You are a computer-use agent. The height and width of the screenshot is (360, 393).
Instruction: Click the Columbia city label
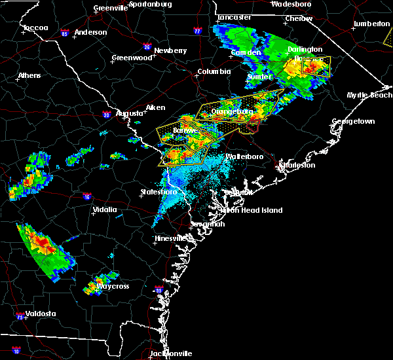214,71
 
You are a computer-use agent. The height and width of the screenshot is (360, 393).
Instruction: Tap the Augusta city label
129,113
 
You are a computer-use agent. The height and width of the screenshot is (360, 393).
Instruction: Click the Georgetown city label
353,122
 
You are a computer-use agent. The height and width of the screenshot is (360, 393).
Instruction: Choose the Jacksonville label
170,353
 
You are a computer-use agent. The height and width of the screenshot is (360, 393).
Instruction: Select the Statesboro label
159,192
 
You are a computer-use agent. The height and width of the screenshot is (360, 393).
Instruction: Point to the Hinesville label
171,239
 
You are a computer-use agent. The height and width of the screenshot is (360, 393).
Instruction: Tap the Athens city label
29,75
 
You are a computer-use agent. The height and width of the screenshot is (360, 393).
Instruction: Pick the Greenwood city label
127,58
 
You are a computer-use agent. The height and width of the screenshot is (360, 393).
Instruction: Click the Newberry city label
171,50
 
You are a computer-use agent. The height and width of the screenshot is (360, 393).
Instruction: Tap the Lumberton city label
371,24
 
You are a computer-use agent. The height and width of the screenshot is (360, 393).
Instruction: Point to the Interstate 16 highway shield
87,196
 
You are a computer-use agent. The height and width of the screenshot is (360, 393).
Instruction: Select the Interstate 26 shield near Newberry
147,46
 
